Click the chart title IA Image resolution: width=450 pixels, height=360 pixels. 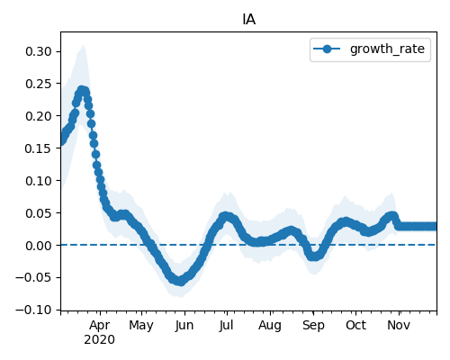pos(248,20)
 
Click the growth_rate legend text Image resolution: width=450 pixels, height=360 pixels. pos(387,49)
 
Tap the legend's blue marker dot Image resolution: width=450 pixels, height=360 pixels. pos(327,49)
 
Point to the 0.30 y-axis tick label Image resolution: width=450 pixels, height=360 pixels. pos(39,51)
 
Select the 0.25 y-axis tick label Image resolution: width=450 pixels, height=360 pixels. pos(39,84)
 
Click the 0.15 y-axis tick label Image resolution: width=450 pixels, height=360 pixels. pos(39,148)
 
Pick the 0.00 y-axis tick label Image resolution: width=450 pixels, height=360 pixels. pos(39,246)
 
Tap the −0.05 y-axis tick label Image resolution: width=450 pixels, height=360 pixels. pos(34,277)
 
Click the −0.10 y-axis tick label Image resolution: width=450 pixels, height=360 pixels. pos(34,310)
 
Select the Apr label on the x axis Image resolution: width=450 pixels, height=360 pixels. pos(100,326)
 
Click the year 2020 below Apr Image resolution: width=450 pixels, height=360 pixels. pos(99,340)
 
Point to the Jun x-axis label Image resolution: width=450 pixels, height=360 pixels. pos(184,326)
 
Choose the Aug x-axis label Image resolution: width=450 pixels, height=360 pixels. pos(270,326)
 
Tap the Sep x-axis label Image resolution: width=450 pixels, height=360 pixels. pos(313,326)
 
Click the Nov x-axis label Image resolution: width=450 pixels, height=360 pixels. pos(399,326)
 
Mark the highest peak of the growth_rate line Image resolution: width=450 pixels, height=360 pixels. pos(82,90)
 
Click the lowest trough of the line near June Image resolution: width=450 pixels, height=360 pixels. pos(179,281)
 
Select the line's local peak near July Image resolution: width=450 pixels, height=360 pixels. pos(226,216)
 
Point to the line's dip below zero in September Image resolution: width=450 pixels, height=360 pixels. pos(314,256)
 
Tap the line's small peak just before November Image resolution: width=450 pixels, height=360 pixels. pos(391,216)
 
